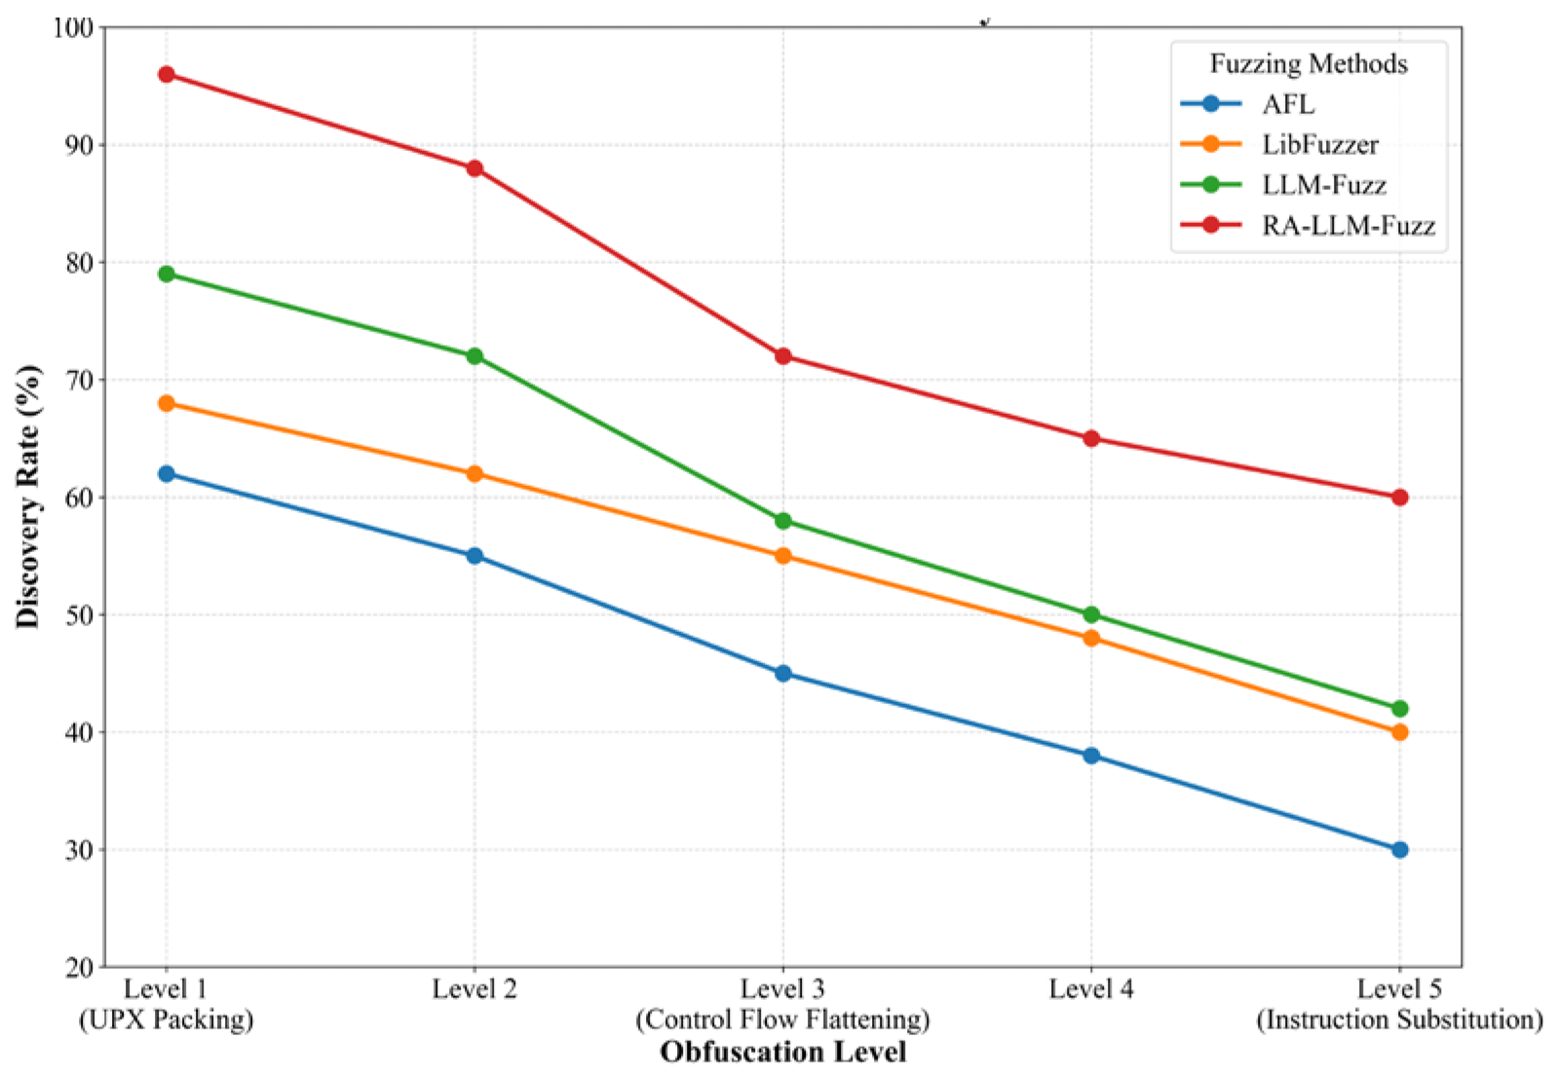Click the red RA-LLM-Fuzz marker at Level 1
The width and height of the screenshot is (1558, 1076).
pyautogui.click(x=167, y=74)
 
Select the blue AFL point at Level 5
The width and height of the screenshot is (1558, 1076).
pyautogui.click(x=1399, y=849)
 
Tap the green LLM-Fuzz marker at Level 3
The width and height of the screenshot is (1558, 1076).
pyautogui.click(x=782, y=521)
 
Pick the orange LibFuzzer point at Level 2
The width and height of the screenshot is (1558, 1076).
pyautogui.click(x=475, y=473)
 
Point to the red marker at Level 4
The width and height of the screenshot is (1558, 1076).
pyautogui.click(x=1091, y=438)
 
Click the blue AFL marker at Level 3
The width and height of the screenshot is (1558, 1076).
pyautogui.click(x=782, y=673)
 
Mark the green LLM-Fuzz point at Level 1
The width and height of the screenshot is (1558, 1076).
pyautogui.click(x=167, y=274)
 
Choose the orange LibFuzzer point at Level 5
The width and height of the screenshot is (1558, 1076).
pyautogui.click(x=1399, y=731)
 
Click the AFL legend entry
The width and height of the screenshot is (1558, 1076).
pyautogui.click(x=1287, y=104)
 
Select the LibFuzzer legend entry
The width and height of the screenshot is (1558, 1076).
pyautogui.click(x=1319, y=145)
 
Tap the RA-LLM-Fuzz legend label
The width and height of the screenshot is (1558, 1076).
pyautogui.click(x=1348, y=226)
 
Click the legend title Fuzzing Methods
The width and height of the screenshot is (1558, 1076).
pyautogui.click(x=1308, y=64)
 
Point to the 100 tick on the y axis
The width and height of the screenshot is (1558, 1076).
pyautogui.click(x=73, y=28)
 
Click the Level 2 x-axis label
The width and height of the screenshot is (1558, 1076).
pyautogui.click(x=475, y=989)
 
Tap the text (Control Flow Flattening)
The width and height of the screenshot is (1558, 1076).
pyautogui.click(x=782, y=1020)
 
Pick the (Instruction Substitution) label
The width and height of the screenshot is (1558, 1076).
pyautogui.click(x=1399, y=1020)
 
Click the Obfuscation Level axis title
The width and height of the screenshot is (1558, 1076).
pyautogui.click(x=782, y=1052)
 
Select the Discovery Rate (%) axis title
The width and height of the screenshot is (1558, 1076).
pyautogui.click(x=28, y=497)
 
